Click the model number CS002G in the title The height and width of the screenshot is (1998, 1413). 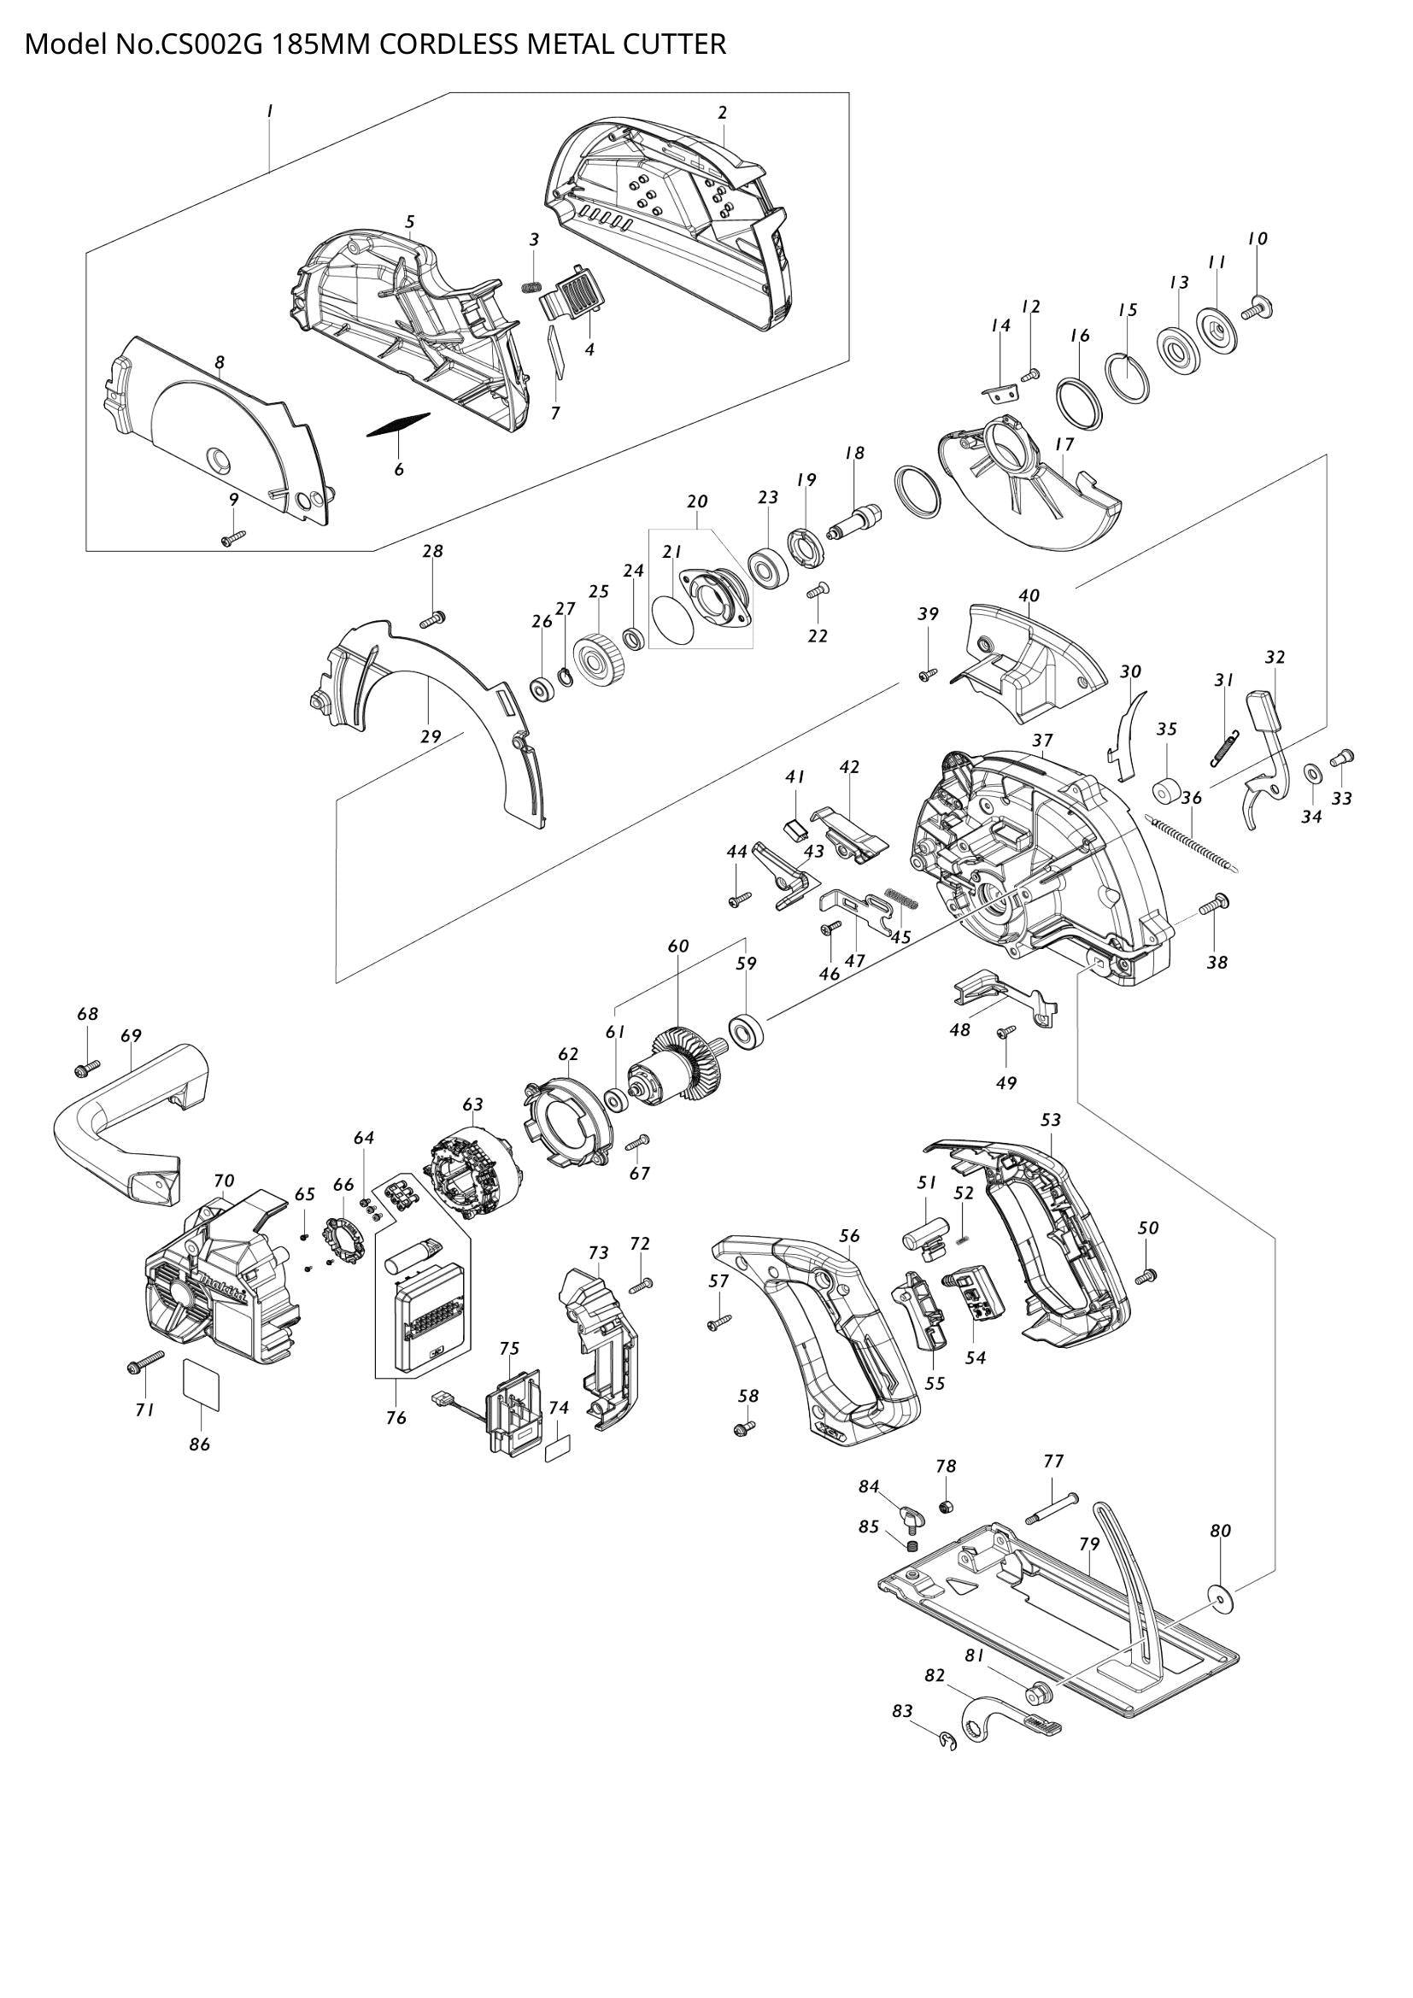(209, 44)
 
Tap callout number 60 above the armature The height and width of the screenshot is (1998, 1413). (677, 946)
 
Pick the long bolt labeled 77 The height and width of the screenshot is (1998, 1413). (1052, 1508)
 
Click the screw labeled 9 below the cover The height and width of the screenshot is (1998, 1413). (234, 539)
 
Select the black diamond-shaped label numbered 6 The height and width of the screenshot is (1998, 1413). (397, 425)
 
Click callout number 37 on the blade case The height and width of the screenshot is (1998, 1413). (1042, 741)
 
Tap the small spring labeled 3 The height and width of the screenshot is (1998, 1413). (531, 287)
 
